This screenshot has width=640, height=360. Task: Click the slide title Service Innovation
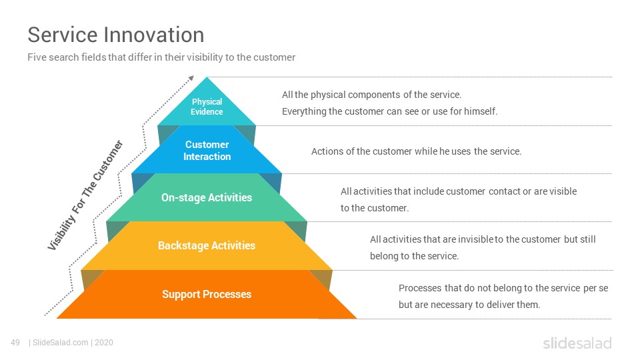[x=115, y=35]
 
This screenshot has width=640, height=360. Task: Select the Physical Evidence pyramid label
[x=207, y=107]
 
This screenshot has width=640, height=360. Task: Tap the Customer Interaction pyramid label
[x=207, y=150]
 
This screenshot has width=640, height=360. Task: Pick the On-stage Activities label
[x=207, y=197]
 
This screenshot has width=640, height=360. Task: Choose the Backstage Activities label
[x=207, y=245]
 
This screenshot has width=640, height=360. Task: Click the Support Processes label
[x=207, y=294]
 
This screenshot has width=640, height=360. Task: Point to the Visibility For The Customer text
[x=85, y=195]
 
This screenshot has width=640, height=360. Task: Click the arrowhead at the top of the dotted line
[x=191, y=78]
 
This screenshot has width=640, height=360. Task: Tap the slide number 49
[x=15, y=343]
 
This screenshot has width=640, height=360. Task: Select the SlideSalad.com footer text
[x=61, y=343]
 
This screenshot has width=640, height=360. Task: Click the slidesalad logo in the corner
[x=577, y=343]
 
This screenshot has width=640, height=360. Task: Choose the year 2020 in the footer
[x=104, y=343]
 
